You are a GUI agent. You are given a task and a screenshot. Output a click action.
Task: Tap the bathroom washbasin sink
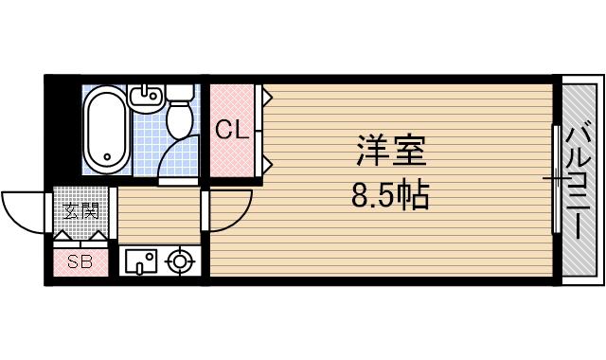coord(145,96)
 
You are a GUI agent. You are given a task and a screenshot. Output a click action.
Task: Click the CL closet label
coord(232,131)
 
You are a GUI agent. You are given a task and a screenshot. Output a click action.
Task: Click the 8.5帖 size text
coord(390,196)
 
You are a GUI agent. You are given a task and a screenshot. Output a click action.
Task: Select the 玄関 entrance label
coord(80,210)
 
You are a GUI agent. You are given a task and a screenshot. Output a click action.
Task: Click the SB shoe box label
coord(80,261)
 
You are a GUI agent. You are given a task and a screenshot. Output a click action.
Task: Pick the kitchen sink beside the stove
coord(141,260)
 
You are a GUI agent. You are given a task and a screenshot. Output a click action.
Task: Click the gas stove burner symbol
coord(179,260)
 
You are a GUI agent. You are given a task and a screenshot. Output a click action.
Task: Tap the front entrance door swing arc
coord(24,208)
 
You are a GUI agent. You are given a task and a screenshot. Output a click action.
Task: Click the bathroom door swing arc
coord(180,156)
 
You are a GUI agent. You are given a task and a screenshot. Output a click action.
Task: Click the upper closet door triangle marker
coord(268,96)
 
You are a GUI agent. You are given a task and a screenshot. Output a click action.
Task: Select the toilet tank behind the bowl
coord(180,94)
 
